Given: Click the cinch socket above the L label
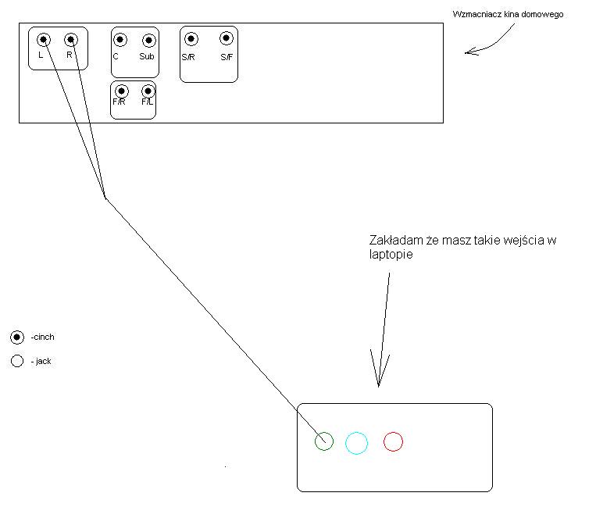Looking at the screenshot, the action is (x=43, y=40).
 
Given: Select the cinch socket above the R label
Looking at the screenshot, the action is (x=71, y=40).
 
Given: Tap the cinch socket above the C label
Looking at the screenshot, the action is (x=120, y=40).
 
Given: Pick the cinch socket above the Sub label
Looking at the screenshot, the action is (x=148, y=40).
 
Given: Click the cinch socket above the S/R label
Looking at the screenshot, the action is (x=191, y=39).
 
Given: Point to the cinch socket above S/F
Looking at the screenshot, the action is (x=227, y=38).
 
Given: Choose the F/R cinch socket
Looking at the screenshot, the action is (x=121, y=91).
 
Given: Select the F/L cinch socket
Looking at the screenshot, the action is (x=148, y=91).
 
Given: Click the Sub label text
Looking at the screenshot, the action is (x=147, y=56).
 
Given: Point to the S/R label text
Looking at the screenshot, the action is (x=188, y=57).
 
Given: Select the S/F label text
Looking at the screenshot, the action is (x=227, y=57).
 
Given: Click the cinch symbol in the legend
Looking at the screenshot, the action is (x=17, y=337).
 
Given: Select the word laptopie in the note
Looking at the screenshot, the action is (x=391, y=254).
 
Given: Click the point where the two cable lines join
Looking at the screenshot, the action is (x=105, y=198).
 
